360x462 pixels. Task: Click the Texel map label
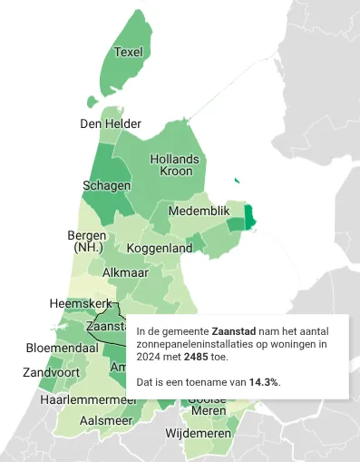pos(130,52)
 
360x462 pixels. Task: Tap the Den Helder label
pos(111,123)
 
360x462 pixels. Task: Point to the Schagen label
pos(106,185)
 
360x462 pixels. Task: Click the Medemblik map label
pos(201,211)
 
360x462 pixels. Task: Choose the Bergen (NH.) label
pos(88,241)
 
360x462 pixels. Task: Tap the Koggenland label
pos(160,248)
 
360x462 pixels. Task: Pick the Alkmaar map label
pos(127,272)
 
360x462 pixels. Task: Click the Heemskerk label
pos(80,303)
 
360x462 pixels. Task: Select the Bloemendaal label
pos(62,348)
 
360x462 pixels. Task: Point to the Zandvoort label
pos(51,372)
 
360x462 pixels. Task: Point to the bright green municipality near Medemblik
pos(251,217)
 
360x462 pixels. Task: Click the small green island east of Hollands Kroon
pos(237,182)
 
